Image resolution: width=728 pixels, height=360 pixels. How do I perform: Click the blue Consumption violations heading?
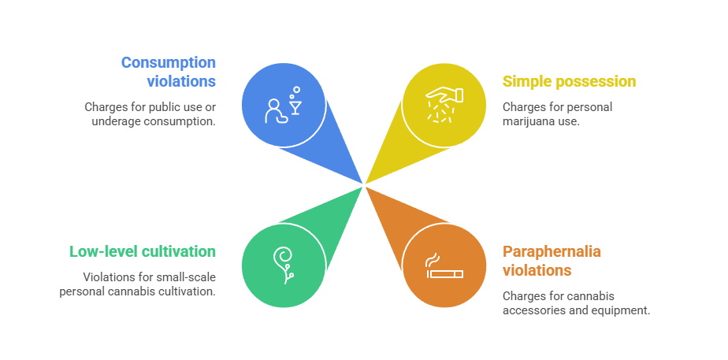tap(169, 72)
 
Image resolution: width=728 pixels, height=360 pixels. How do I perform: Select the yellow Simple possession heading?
tap(569, 82)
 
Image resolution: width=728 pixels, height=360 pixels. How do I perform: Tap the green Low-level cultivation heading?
tap(143, 252)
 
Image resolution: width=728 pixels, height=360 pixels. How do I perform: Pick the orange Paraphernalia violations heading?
tap(552, 261)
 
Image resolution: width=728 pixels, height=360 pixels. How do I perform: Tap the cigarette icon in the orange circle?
tap(444, 274)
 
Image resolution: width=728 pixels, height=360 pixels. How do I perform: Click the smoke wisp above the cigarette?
tap(432, 261)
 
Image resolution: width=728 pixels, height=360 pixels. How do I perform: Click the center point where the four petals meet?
tap(364, 185)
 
